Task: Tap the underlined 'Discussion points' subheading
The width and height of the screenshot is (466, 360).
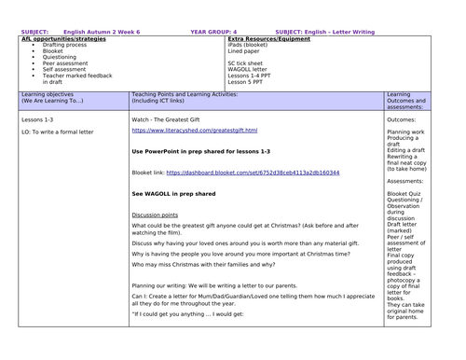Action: click(x=155, y=214)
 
